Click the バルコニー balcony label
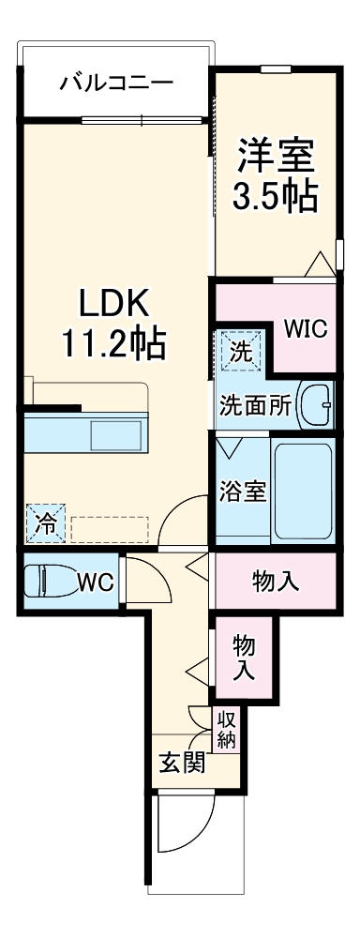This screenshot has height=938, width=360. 116,83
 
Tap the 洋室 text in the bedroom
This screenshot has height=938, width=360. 275,151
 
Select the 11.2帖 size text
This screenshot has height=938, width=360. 113,346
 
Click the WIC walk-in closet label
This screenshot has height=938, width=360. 306,329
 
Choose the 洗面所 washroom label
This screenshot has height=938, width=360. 255,405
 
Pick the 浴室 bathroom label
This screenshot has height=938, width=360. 242,490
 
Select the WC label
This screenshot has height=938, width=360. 96,582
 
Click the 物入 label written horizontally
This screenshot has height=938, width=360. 276,582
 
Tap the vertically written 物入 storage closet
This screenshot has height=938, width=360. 244,658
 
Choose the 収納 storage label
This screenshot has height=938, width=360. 227,730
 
